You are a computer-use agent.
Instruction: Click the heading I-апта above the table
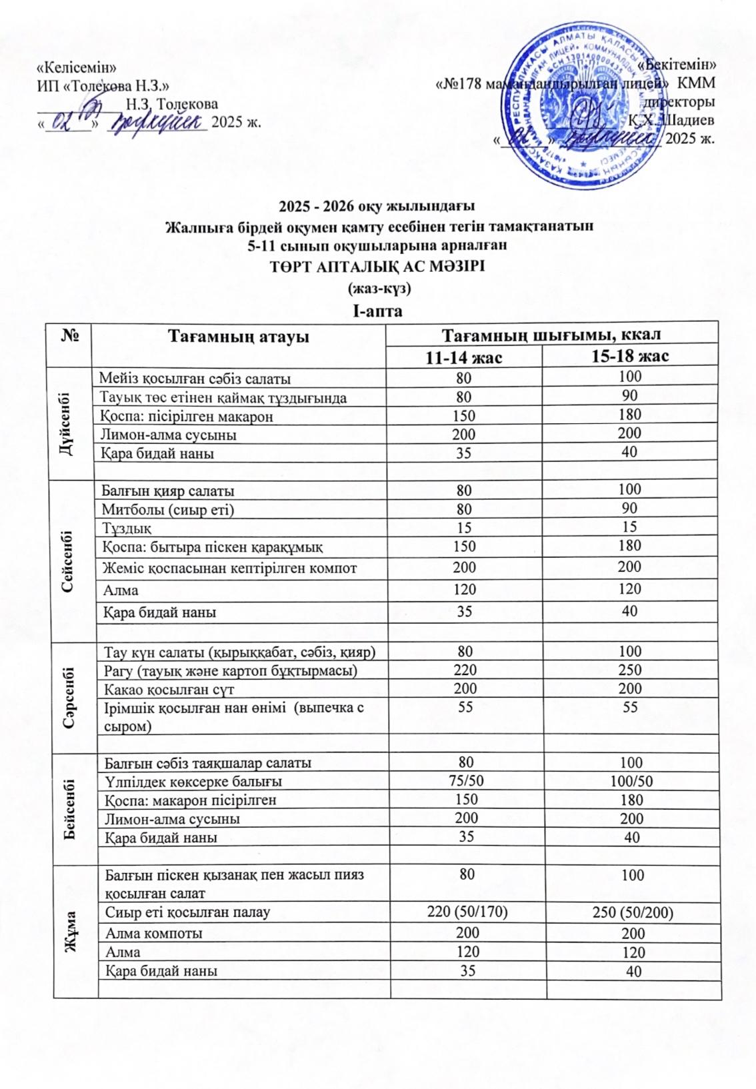377,311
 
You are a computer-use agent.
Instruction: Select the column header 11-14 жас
464,357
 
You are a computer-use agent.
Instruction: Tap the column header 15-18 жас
630,356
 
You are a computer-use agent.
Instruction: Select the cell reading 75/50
465,781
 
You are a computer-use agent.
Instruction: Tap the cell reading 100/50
630,781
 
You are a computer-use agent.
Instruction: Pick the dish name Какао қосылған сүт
167,688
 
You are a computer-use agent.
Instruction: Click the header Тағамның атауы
238,337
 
